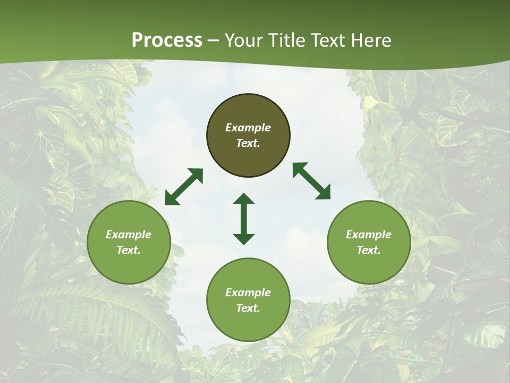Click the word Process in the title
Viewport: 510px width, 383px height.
point(167,40)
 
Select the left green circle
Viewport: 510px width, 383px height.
point(129,266)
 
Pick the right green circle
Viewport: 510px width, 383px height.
point(369,266)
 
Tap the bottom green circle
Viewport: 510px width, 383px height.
point(248,324)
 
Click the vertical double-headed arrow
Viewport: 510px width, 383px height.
point(244,219)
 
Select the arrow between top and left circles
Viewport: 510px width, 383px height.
point(184,187)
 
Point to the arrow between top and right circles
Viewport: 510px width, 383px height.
point(311,181)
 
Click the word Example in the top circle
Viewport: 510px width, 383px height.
point(248,128)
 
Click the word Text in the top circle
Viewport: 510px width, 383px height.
point(248,143)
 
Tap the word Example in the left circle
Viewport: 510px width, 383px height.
point(129,235)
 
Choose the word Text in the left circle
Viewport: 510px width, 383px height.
point(129,250)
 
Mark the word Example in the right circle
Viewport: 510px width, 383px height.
point(369,235)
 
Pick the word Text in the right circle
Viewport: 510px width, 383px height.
point(369,250)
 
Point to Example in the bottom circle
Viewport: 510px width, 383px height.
point(248,293)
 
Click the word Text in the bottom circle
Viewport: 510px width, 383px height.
point(248,308)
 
